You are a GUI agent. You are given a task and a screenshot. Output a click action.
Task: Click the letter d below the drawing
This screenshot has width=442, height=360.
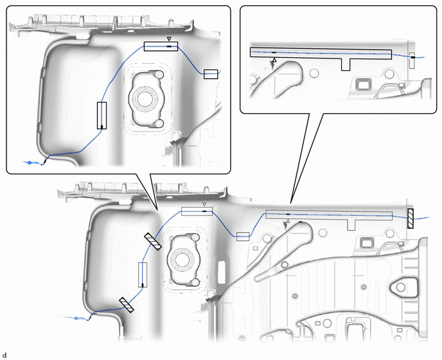pos(4,355)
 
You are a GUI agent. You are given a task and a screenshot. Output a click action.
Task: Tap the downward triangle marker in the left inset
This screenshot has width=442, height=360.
pos(169,39)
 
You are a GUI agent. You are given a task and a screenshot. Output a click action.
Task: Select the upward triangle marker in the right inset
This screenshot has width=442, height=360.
pos(274,60)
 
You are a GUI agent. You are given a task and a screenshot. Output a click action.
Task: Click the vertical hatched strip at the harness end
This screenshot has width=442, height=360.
pos(411,219)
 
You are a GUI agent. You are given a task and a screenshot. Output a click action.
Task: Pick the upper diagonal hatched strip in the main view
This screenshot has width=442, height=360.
pos(153,242)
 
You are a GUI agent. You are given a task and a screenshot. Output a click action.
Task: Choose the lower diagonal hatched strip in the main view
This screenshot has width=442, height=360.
pos(127,305)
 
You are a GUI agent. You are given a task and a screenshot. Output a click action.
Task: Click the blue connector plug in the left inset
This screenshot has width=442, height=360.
pos(30,163)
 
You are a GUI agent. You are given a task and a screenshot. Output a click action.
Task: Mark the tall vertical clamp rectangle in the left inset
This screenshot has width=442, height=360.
pos(102,116)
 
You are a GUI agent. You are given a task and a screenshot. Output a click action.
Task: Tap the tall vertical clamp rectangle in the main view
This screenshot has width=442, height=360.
pos(143,274)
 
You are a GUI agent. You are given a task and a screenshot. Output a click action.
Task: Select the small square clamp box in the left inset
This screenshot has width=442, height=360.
pos(211,74)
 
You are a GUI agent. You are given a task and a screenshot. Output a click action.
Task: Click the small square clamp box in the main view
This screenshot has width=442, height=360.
pos(243,237)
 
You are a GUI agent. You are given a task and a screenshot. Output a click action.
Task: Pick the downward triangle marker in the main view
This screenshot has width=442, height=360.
pos(205,204)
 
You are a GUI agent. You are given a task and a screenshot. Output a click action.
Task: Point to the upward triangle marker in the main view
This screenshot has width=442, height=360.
pos(288,221)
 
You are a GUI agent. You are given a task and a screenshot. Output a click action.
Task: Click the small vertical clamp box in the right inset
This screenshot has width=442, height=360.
pos(412,60)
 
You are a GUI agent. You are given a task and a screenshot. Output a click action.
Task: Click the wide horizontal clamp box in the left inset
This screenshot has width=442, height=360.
pos(161,46)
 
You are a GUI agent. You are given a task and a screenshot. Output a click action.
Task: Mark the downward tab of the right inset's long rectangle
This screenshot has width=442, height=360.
pos(346,65)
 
